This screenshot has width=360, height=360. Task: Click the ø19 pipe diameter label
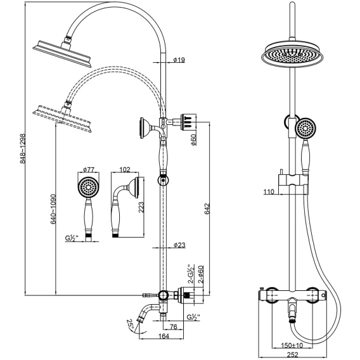[x=179, y=60]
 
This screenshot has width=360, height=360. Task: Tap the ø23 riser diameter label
[x=179, y=245]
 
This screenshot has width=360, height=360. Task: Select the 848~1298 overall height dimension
[x=23, y=149]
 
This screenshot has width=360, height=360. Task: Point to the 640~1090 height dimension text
[x=53, y=209]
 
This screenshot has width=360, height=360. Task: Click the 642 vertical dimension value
[x=207, y=209]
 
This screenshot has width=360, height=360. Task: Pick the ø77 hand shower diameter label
[x=89, y=170]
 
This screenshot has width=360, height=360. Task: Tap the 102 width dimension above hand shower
[x=125, y=169]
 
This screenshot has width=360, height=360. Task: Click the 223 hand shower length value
[x=141, y=207]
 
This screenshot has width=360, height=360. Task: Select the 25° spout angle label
[x=130, y=325]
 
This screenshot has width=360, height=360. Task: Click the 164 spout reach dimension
[x=164, y=336]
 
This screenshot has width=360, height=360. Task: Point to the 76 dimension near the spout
[x=174, y=326]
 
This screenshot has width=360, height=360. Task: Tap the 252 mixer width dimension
[x=292, y=354]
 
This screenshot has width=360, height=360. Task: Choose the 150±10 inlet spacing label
[x=292, y=345]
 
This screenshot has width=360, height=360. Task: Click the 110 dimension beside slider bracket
[x=269, y=191]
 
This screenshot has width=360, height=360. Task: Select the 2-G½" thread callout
[x=191, y=274]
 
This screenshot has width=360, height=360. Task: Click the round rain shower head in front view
[x=292, y=55]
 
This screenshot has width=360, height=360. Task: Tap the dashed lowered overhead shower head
[x=62, y=118]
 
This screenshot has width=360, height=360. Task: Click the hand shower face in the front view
[x=306, y=128]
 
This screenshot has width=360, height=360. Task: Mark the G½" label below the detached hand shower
[x=72, y=238]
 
